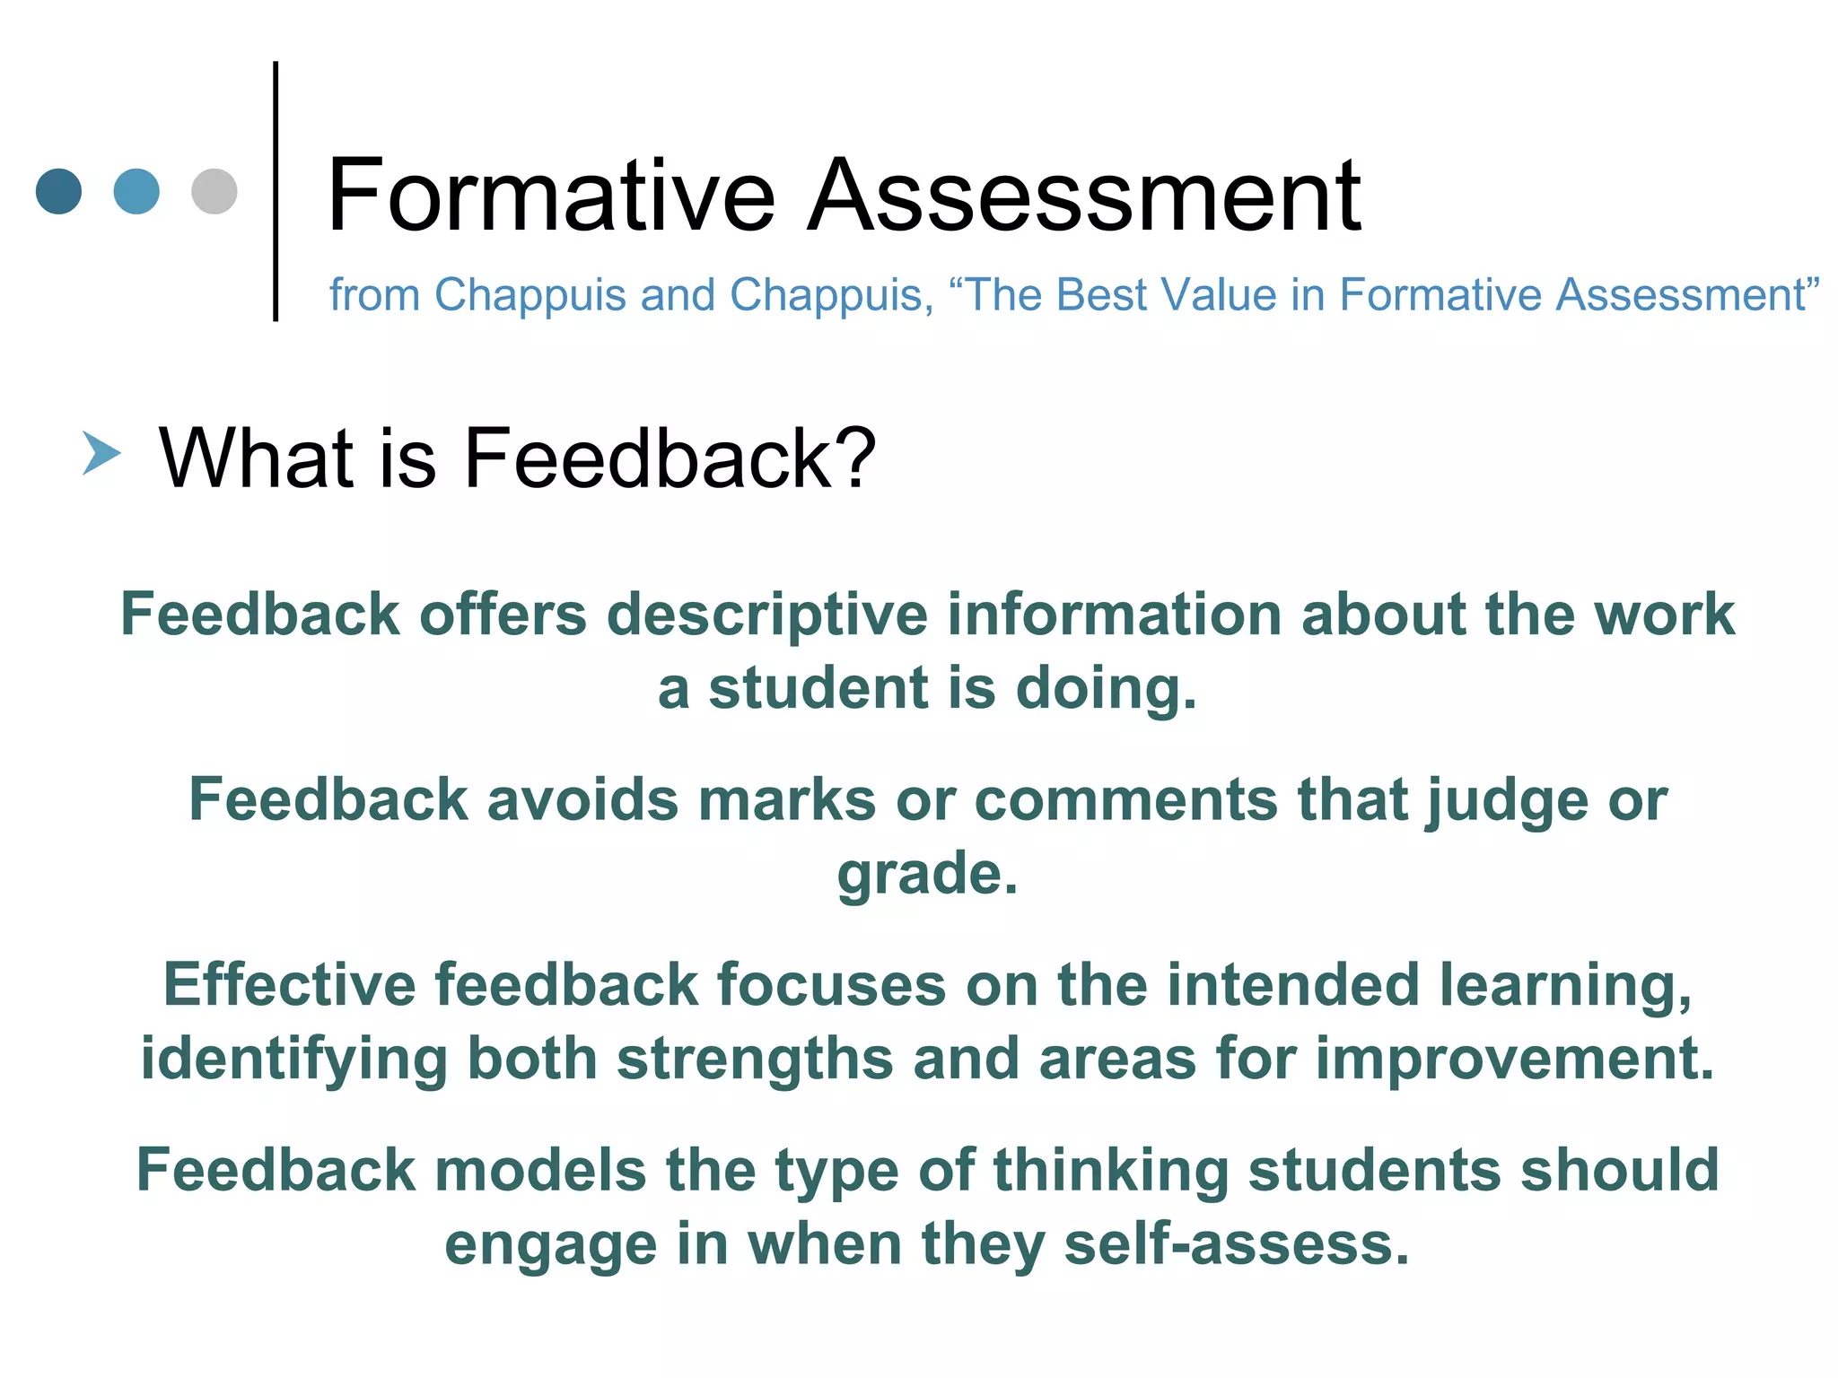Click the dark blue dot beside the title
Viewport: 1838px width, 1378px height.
pos(58,191)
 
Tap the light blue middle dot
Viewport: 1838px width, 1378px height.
pos(136,191)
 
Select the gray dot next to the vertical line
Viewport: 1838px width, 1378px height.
pos(214,191)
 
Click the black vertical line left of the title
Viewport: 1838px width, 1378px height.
pos(276,191)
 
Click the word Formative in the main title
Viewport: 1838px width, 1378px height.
pos(550,196)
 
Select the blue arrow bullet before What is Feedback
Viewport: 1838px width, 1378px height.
pos(101,453)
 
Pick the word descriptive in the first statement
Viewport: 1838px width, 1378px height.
pos(768,615)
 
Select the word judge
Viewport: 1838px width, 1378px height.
pos(1507,801)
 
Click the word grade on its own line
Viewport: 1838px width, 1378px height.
pos(927,875)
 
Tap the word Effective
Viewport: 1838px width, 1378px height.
pos(289,985)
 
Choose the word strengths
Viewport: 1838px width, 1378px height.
pos(755,1059)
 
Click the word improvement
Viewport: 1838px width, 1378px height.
pos(1515,1059)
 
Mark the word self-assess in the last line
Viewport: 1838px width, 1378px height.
pos(1237,1244)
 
